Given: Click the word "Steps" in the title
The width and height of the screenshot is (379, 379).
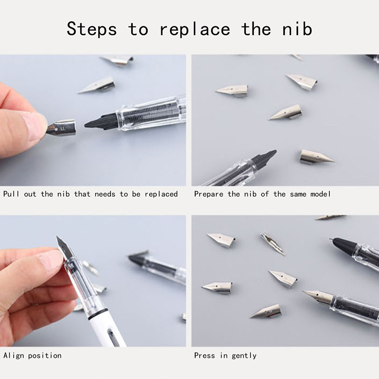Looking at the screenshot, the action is pos(91,29).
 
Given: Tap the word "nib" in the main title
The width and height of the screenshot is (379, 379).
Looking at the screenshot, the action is pos(297,29).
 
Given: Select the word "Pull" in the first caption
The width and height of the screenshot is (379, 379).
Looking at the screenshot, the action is pos(11,194).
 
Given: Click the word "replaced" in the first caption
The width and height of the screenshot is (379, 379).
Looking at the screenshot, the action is pos(161,194).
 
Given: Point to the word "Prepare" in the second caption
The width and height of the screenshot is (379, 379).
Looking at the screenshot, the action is pos(208,194).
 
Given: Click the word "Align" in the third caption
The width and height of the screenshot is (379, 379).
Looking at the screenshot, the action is pos(14,356).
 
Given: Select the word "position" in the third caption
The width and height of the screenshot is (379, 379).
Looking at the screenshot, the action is pos(45,356).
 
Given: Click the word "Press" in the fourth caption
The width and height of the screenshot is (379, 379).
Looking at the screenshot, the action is pos(205,356).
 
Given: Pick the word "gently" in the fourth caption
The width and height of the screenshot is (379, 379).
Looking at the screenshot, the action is pos(244,356).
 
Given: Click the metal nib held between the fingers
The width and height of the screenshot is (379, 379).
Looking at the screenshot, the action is pos(61,127).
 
